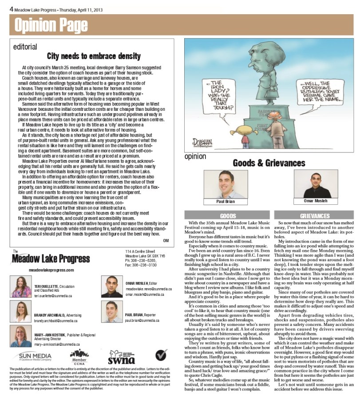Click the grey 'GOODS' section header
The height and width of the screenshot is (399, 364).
click(226, 215)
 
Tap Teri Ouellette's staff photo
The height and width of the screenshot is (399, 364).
click(21, 287)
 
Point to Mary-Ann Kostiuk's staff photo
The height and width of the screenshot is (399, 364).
click(21, 336)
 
